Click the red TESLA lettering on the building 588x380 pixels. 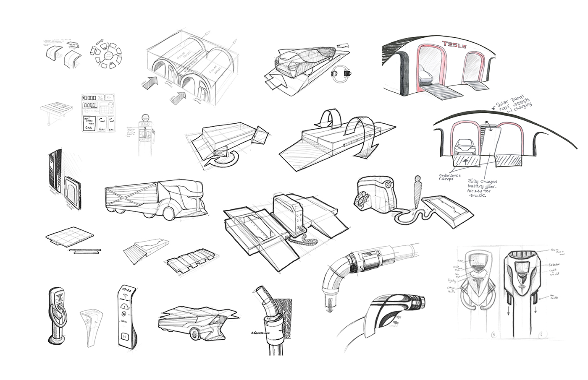click(x=457, y=44)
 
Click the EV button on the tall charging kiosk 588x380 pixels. click(x=124, y=336)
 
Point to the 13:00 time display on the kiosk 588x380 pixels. click(x=126, y=290)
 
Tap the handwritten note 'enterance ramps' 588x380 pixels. click(x=450, y=177)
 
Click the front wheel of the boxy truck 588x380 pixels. click(x=168, y=213)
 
